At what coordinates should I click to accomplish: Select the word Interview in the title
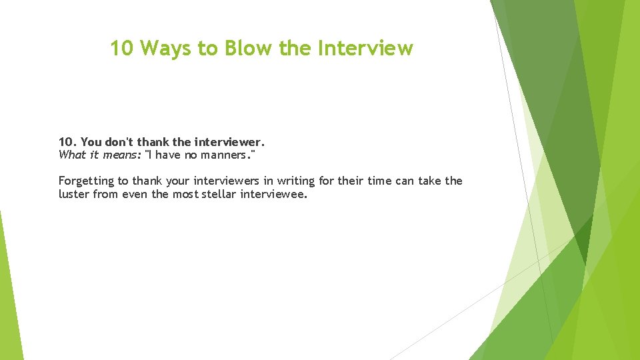pyautogui.click(x=366, y=48)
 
